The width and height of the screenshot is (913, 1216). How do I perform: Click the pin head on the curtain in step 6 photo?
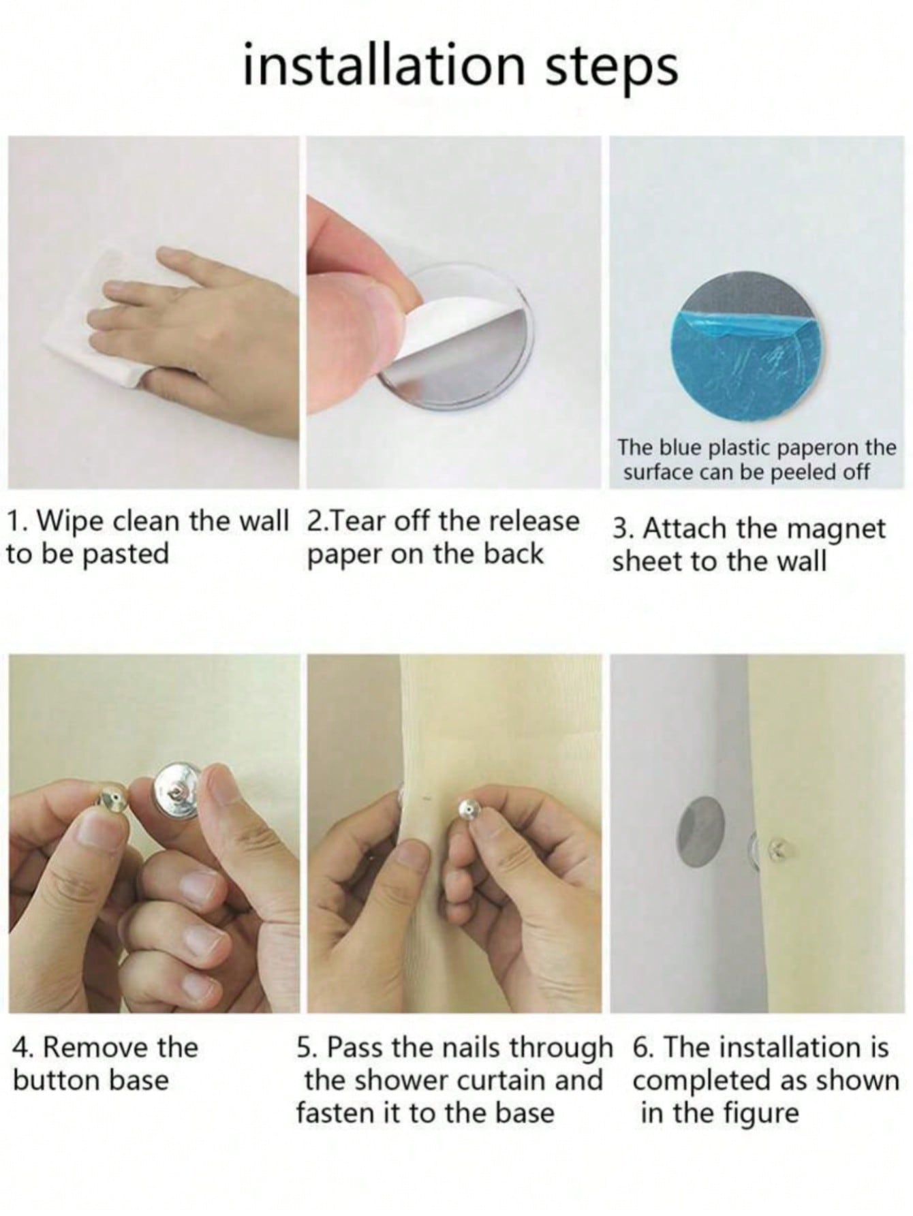point(776,847)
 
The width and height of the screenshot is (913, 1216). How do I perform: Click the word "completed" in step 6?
point(715,1081)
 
